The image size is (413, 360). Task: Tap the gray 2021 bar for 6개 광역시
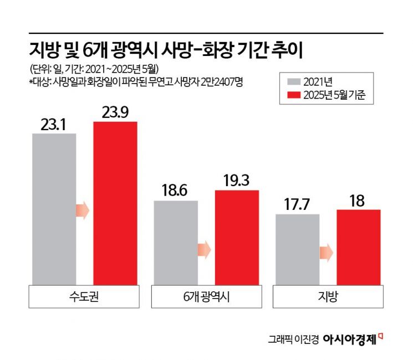(176, 243)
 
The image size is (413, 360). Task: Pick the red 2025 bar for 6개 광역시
(237, 238)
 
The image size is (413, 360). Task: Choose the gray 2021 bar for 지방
(297, 250)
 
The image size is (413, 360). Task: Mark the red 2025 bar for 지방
(358, 248)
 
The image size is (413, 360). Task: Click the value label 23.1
(54, 125)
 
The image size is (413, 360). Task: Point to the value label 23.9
(115, 112)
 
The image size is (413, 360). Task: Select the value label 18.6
(176, 192)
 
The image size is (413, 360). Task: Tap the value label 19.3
(237, 181)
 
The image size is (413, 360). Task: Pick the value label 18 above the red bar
(358, 200)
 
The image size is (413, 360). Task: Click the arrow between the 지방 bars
(327, 253)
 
